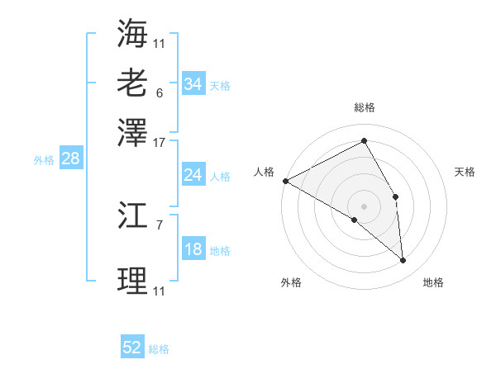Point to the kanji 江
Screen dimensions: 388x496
132,217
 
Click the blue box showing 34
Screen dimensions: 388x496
193,84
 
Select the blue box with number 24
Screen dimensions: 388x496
193,175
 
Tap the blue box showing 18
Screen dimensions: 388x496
193,250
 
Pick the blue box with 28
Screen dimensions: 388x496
70,159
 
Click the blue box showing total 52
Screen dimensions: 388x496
132,348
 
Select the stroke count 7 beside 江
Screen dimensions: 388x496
160,224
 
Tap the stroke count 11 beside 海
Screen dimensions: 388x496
160,43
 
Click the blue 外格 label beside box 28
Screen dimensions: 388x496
44,160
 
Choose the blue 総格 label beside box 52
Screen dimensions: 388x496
159,349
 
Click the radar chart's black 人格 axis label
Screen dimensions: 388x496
265,172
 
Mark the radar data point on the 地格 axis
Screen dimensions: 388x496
403,261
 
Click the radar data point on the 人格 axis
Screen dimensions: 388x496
285,181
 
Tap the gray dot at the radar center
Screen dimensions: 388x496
364,206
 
